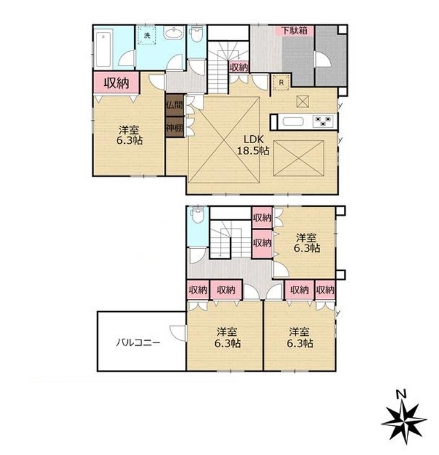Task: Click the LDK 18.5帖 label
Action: click(253, 145)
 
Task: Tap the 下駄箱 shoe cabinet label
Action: click(294, 30)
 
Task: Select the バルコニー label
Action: click(138, 343)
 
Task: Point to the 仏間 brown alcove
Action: click(174, 105)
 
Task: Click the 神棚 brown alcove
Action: click(174, 127)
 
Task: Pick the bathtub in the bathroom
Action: click(103, 49)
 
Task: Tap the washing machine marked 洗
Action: click(147, 35)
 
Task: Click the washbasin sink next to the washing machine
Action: click(174, 33)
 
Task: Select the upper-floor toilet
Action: click(198, 215)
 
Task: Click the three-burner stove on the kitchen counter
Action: click(323, 121)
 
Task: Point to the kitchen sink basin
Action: click(294, 121)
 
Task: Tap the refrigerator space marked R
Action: click(281, 82)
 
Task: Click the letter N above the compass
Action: click(401, 394)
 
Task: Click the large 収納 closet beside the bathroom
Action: click(116, 83)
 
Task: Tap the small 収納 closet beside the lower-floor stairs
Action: click(239, 67)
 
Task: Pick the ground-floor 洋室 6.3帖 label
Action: click(129, 135)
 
